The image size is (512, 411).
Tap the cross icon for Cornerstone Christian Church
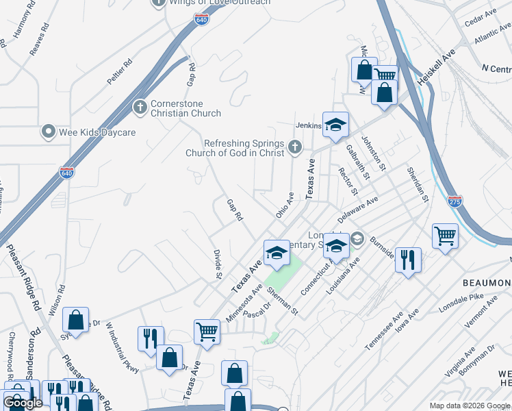pos(140,107)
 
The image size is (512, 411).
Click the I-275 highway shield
pos(455,201)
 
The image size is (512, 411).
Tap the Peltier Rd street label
pos(119,72)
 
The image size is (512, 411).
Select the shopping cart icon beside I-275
pos(445,236)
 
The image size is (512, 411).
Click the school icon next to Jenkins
pos(335,124)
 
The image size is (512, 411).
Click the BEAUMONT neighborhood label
pos(487,283)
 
